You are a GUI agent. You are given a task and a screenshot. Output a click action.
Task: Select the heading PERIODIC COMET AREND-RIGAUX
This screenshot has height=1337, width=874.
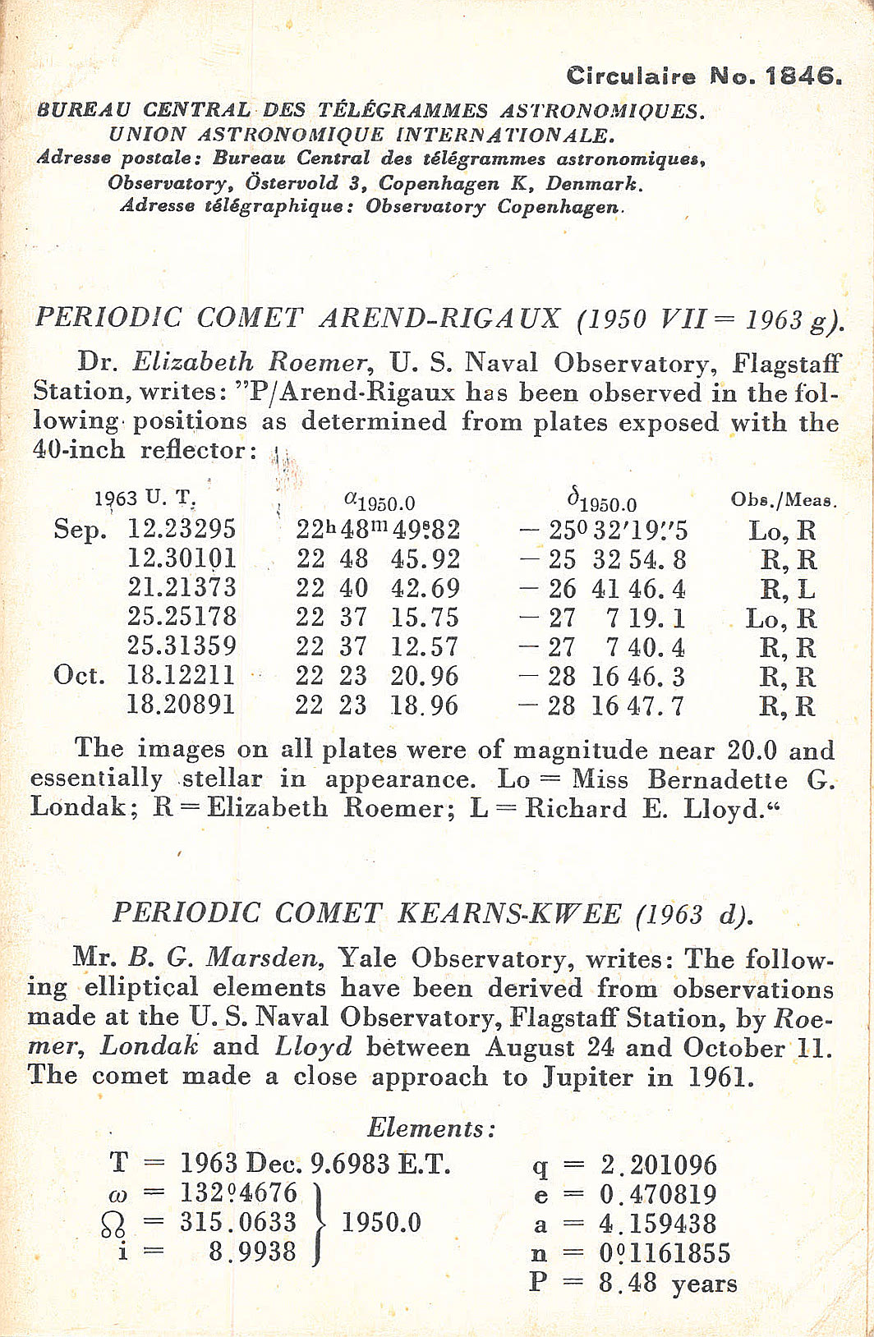pos(298,318)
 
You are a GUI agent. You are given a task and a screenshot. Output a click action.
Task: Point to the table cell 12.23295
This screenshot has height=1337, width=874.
pos(182,529)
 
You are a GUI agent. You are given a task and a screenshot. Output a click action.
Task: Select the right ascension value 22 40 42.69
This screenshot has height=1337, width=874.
pos(378,589)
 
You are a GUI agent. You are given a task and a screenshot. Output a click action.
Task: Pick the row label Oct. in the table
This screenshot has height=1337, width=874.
pos(80,676)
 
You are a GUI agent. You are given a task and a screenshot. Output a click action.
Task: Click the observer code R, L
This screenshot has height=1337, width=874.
pos(788,589)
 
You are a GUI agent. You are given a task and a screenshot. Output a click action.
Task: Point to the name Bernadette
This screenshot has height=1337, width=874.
pos(716,779)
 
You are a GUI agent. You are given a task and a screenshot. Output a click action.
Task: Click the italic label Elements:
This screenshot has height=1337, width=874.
pos(431,1128)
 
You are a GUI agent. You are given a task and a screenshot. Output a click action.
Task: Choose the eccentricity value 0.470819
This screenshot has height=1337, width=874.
pos(657,1195)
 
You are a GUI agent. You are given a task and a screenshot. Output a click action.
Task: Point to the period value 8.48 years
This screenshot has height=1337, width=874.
pos(667,1283)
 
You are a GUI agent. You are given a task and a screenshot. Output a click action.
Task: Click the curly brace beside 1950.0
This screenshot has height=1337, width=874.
pos(320,1222)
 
